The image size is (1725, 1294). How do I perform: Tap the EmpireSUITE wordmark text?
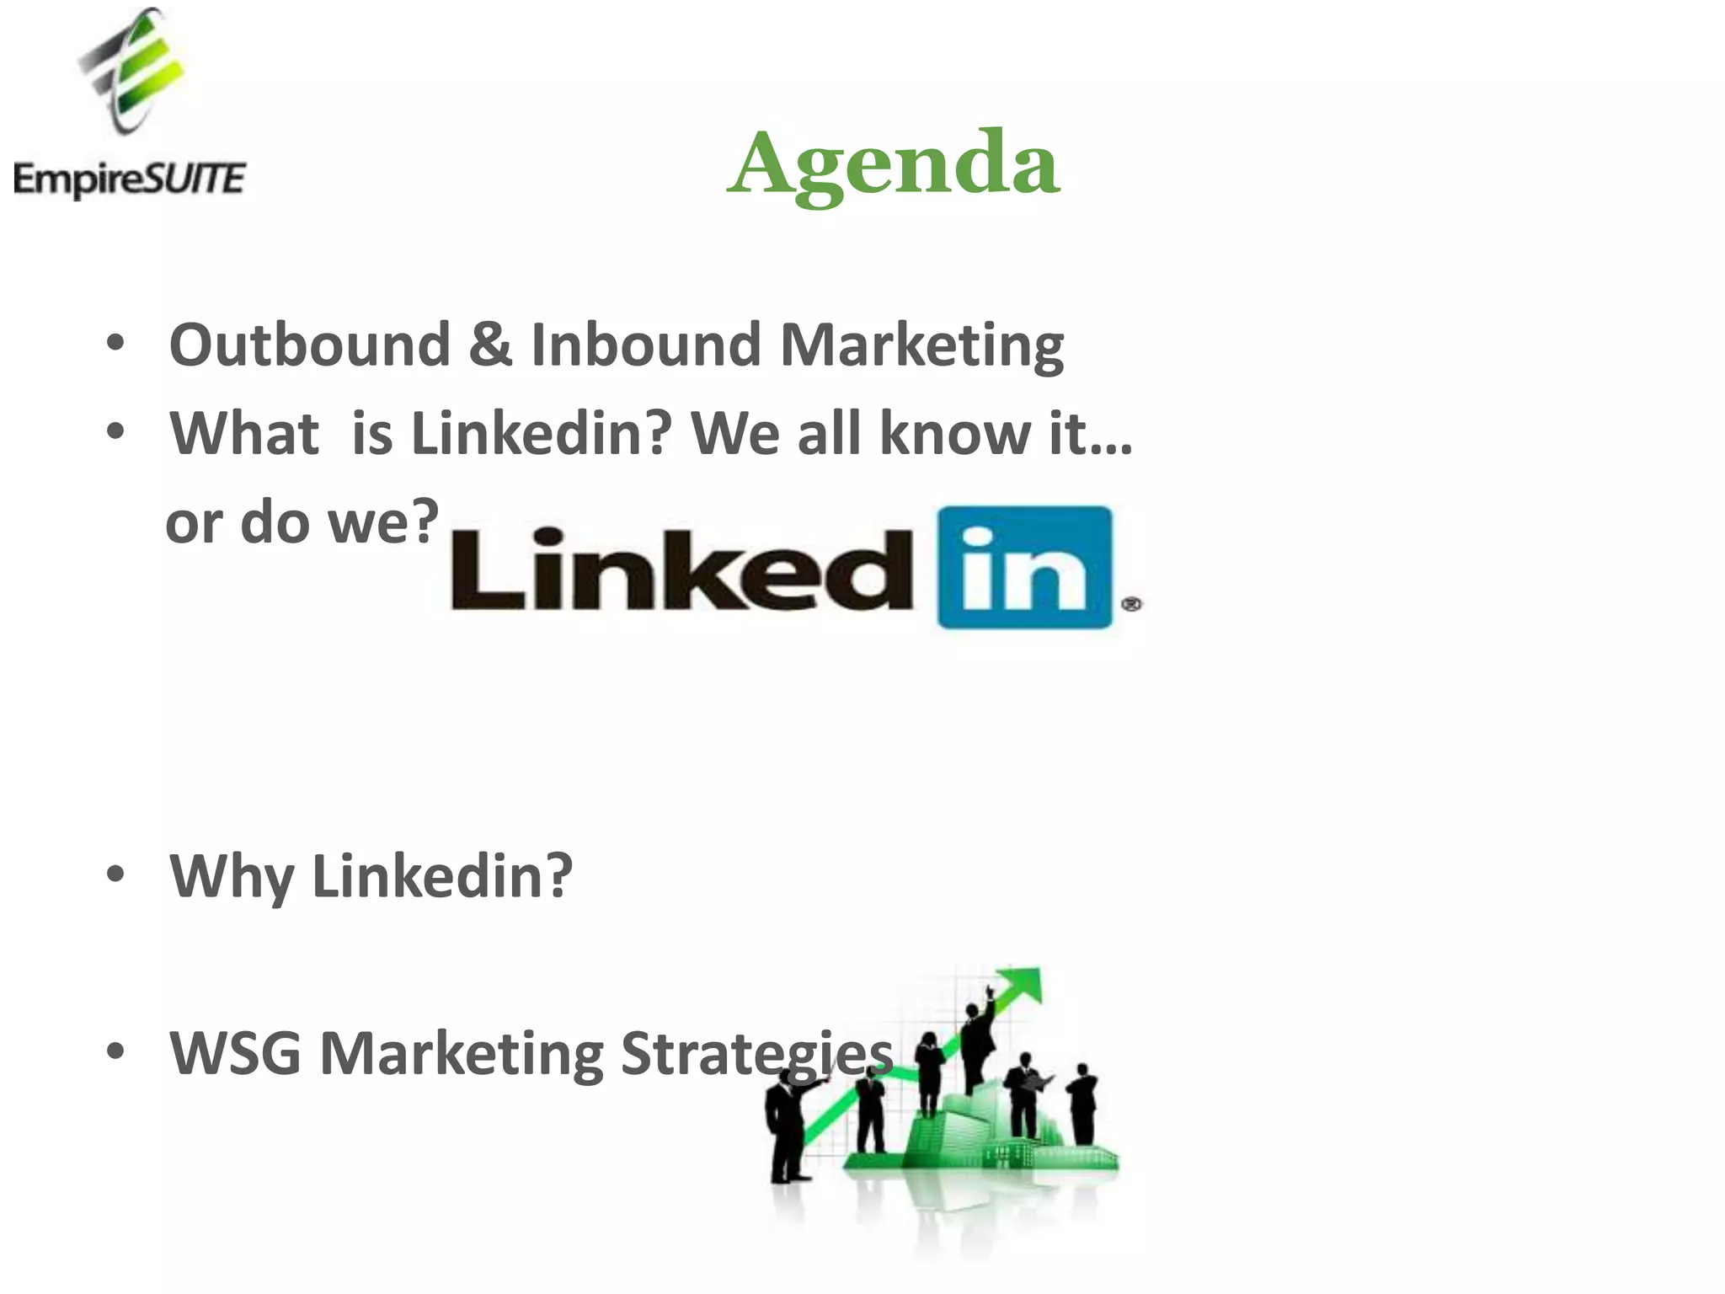click(130, 179)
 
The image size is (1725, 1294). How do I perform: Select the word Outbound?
click(309, 345)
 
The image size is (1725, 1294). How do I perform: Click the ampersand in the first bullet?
click(490, 345)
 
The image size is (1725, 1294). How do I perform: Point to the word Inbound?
click(646, 345)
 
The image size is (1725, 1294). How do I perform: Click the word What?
click(244, 434)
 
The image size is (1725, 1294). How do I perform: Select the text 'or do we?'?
click(302, 521)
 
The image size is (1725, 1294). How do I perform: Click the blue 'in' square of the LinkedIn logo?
click(1024, 566)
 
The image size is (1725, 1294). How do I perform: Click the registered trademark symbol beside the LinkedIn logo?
click(1131, 603)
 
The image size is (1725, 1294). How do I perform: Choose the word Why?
click(232, 877)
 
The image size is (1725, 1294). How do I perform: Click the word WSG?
click(235, 1053)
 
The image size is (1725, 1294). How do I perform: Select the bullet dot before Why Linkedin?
click(115, 874)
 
